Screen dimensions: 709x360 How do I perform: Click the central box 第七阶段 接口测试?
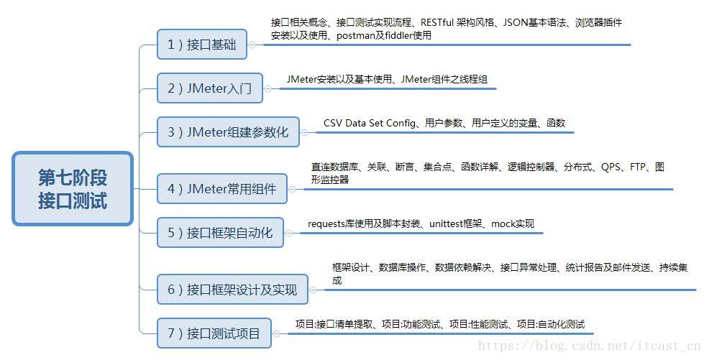(73, 189)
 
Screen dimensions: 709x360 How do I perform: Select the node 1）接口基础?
(202, 45)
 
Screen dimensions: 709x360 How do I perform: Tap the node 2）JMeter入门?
(209, 89)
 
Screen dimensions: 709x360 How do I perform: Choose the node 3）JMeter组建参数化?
(228, 132)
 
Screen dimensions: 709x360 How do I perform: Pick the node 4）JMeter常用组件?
(221, 189)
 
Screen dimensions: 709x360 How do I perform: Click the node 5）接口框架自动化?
(220, 233)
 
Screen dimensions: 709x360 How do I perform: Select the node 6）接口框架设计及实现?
(232, 290)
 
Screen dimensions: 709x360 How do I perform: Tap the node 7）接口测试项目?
(214, 333)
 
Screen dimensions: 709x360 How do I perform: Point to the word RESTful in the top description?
(440, 22)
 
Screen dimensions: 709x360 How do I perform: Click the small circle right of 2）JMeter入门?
(267, 89)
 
